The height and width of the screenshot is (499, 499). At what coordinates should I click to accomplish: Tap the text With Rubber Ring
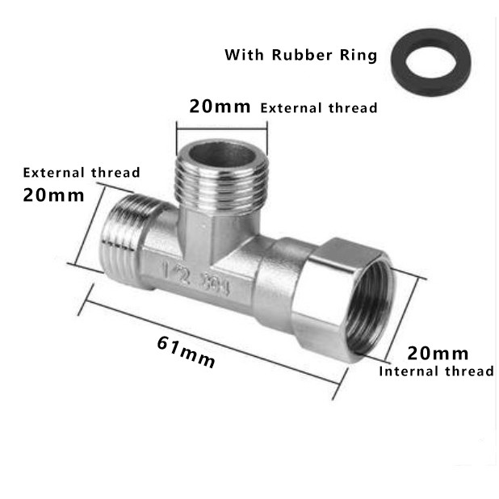300,56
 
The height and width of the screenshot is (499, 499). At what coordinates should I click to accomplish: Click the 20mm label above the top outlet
220,106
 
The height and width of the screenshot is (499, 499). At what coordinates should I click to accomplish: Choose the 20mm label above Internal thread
438,353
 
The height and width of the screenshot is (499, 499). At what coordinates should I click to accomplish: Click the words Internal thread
436,371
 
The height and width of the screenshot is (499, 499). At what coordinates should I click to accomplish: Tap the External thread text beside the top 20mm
318,107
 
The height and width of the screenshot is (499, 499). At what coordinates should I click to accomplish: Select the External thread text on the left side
81,172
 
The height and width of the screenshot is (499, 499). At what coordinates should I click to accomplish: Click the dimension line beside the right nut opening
407,323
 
